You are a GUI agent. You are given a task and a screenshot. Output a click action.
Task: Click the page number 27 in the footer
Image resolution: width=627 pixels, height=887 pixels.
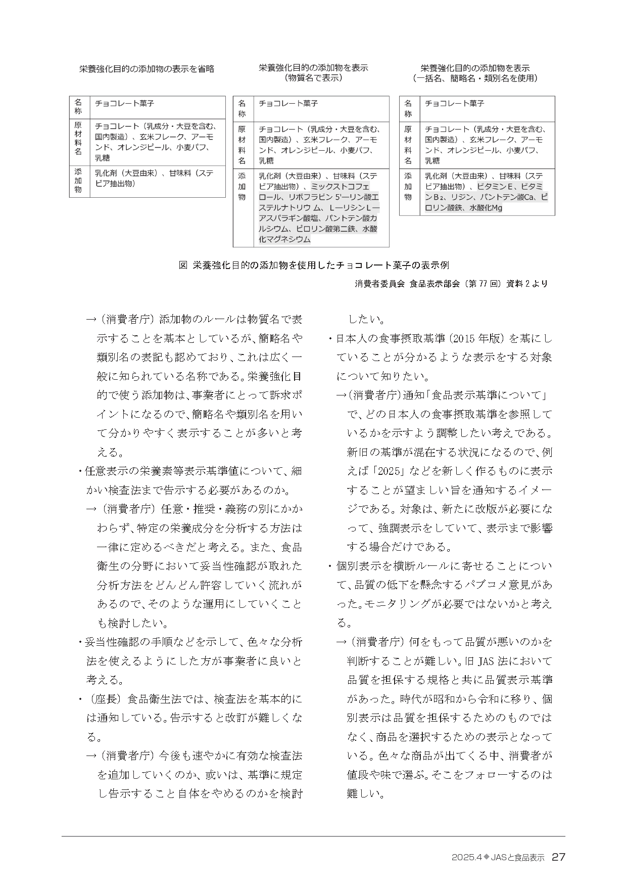pos(558,857)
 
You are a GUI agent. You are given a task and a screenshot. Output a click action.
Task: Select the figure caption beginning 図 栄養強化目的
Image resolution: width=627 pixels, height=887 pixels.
pos(314,265)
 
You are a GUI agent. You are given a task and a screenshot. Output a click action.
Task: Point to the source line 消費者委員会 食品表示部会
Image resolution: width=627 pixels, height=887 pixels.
pos(451,284)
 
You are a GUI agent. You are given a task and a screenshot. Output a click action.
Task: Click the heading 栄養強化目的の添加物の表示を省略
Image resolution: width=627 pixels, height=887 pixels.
pos(147,69)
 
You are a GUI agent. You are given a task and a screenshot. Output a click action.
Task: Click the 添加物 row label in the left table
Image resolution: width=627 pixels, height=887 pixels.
pos(78,181)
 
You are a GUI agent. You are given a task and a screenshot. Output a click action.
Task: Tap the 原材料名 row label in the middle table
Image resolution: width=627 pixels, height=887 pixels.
pos(242,145)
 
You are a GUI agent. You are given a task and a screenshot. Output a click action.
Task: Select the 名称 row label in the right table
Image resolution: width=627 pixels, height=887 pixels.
pos(408,108)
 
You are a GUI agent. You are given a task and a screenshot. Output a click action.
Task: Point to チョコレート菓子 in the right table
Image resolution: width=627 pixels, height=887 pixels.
pos(454,103)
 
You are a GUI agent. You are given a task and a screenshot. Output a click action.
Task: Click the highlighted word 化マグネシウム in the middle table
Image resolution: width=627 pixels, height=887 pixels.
pos(284,239)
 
